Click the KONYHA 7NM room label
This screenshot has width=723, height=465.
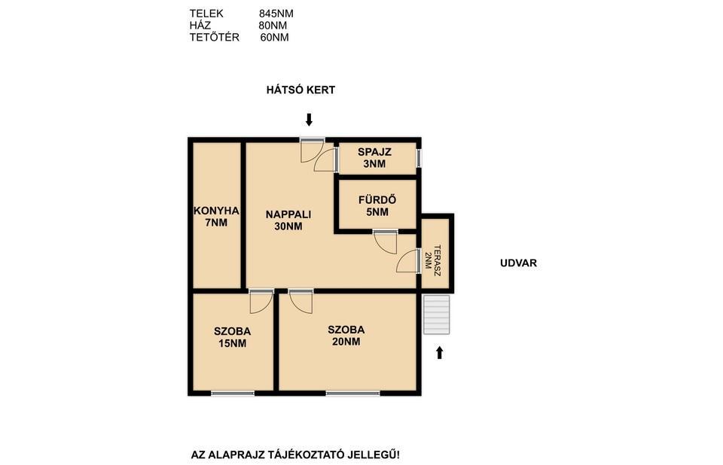tap(216, 217)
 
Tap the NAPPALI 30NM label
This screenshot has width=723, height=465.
tap(288, 220)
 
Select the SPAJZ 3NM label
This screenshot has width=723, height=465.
tap(374, 157)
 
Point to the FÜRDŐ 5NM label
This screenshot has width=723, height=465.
tap(377, 206)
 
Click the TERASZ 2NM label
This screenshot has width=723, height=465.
tap(432, 260)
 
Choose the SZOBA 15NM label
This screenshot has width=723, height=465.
tap(233, 337)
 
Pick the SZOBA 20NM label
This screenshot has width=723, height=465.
tap(346, 336)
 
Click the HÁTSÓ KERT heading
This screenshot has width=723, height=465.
tap(300, 90)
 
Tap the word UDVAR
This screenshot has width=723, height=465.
tap(518, 263)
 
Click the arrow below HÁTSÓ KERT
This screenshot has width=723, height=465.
tap(309, 120)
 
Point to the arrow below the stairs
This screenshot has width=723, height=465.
tap(439, 353)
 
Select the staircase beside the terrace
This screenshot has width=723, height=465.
tap(436, 315)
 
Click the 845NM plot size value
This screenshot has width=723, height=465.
tap(276, 14)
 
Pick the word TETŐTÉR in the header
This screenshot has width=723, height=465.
tap(215, 38)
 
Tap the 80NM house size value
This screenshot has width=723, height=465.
tap(273, 26)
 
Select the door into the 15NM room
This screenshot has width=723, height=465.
tap(261, 302)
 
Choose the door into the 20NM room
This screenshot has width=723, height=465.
tap(300, 302)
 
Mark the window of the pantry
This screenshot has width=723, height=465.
tap(419, 157)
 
